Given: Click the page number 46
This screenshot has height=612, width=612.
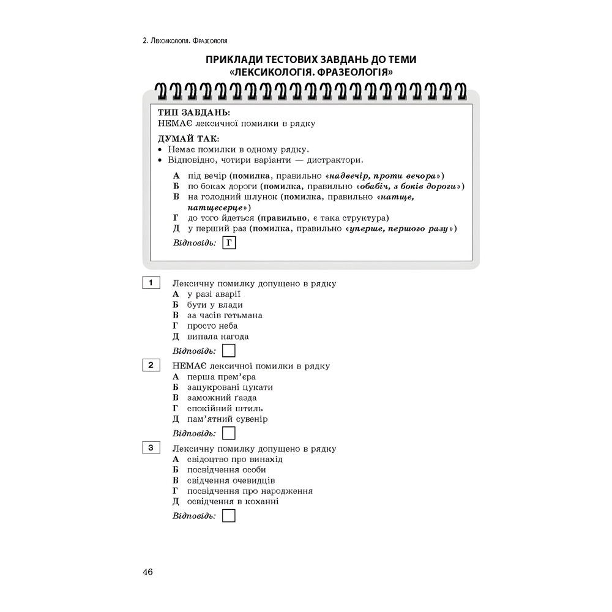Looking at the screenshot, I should click(147, 572).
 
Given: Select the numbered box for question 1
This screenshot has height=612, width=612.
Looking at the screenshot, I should click(151, 283).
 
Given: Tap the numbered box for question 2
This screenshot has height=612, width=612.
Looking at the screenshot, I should click(151, 365).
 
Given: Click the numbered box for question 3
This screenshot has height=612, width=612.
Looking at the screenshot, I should click(151, 447).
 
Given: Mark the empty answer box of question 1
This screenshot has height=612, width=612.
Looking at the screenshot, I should click(229, 351).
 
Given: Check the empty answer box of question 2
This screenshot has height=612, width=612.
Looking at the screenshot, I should click(229, 433).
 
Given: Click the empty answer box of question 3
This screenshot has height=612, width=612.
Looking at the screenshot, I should click(229, 516).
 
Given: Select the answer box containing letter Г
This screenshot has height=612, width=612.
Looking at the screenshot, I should click(229, 244).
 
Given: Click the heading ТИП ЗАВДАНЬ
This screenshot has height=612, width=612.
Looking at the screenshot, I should click(194, 113).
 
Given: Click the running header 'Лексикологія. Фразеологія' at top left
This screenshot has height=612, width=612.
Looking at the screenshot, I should click(184, 41).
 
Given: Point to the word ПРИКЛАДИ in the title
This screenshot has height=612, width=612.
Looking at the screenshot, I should click(235, 59).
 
